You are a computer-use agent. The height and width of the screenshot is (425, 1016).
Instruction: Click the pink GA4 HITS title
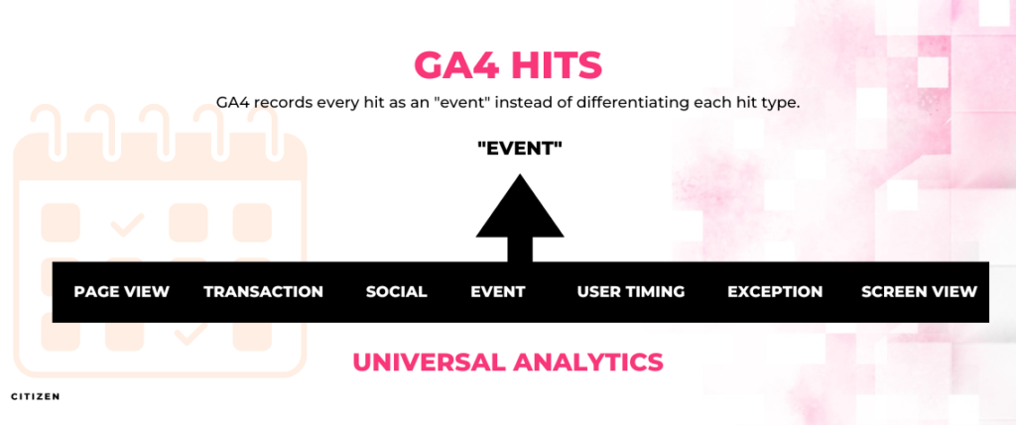(x=508, y=65)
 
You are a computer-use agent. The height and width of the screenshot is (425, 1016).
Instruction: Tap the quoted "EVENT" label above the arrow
(x=520, y=149)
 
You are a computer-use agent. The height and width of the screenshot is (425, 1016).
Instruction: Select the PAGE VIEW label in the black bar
(x=122, y=291)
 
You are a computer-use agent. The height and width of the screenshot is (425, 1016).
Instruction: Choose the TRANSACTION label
(x=264, y=291)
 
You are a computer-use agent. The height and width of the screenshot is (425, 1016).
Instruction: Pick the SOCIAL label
(x=397, y=291)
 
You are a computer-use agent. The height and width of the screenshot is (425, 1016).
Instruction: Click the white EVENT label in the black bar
(x=498, y=291)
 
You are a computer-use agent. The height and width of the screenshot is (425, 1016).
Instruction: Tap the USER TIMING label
(x=631, y=291)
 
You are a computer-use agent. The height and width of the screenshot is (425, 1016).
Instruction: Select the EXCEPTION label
(x=775, y=291)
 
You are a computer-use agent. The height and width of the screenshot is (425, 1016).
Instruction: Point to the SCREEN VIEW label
(x=920, y=291)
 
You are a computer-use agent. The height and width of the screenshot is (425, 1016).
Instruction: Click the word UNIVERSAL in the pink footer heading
(x=428, y=362)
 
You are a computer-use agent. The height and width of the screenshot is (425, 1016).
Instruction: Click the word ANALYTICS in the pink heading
(x=588, y=362)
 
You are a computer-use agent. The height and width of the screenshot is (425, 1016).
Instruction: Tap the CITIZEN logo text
(x=36, y=396)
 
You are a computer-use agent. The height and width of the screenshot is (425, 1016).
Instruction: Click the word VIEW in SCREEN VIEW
(x=952, y=291)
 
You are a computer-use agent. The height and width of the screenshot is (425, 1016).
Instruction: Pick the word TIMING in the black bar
(x=655, y=291)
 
